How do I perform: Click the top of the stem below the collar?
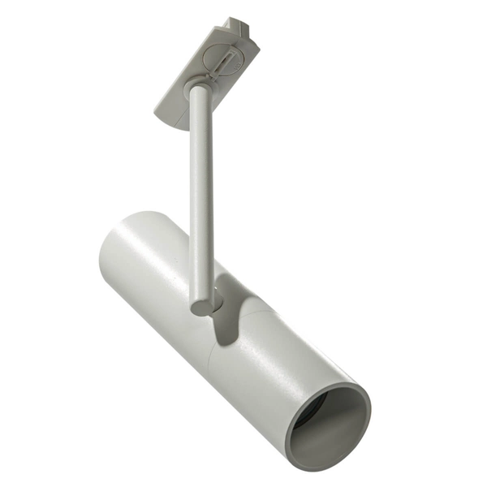tap(197, 101)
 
